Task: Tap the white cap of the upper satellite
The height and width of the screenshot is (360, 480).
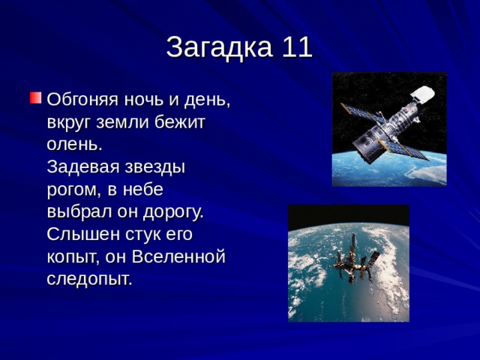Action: pos(423,94)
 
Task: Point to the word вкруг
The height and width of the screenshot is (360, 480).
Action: pos(70,121)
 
